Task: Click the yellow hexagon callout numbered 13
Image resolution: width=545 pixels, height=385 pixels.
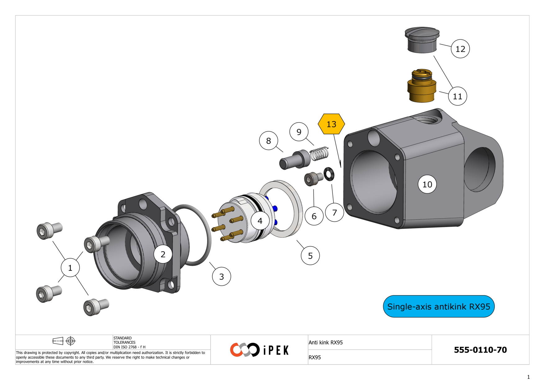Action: click(x=331, y=124)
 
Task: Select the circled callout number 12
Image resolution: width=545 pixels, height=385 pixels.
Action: click(x=460, y=49)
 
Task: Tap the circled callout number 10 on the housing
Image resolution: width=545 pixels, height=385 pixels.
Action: click(x=427, y=184)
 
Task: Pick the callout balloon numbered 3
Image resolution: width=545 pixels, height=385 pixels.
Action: click(x=221, y=276)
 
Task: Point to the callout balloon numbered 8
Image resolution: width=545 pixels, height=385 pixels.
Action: click(x=269, y=141)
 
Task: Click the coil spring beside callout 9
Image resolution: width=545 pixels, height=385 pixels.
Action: click(x=319, y=153)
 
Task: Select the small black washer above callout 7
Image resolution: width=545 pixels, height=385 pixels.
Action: click(x=329, y=174)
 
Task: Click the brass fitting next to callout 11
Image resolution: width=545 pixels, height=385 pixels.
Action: click(x=422, y=85)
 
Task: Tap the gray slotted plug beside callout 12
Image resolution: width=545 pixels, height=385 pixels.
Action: click(x=422, y=40)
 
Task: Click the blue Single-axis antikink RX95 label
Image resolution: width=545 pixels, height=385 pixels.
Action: click(x=439, y=306)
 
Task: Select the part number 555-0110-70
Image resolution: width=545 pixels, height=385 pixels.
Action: click(x=480, y=350)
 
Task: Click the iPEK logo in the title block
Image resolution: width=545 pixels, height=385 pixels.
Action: click(x=259, y=350)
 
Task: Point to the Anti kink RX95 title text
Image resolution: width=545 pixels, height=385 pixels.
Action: click(x=326, y=342)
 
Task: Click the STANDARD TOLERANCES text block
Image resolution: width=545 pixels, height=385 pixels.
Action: click(x=129, y=342)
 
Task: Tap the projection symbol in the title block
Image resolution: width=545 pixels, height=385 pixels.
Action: click(x=64, y=341)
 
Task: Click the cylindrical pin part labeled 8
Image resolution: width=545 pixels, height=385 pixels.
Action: click(x=295, y=160)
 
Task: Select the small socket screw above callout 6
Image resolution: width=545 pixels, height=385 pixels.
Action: click(x=314, y=179)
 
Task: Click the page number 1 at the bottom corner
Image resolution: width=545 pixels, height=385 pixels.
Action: click(x=529, y=377)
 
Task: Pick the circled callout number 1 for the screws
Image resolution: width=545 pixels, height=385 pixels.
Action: click(x=70, y=268)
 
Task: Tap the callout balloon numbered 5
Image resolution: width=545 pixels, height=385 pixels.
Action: click(x=310, y=256)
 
